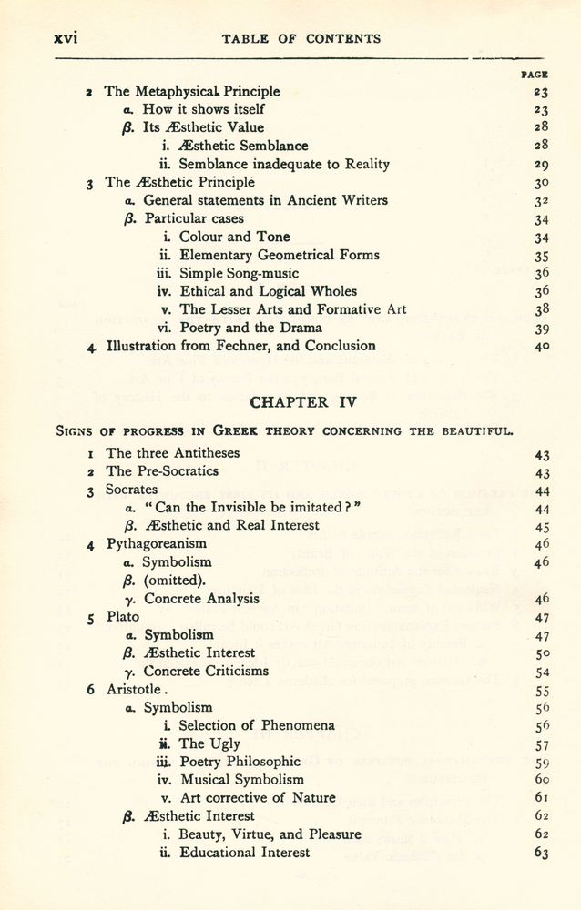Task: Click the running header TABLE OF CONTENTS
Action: click(x=301, y=39)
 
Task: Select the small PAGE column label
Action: click(x=534, y=76)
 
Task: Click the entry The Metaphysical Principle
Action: click(x=192, y=91)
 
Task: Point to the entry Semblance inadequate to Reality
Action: click(x=284, y=164)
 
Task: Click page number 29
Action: click(x=541, y=164)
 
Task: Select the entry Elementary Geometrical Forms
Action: click(x=280, y=255)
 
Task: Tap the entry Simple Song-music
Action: click(x=239, y=273)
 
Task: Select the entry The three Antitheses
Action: click(x=173, y=453)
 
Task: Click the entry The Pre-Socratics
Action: click(x=162, y=471)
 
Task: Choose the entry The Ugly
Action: click(x=209, y=743)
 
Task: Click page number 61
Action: click(x=542, y=798)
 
